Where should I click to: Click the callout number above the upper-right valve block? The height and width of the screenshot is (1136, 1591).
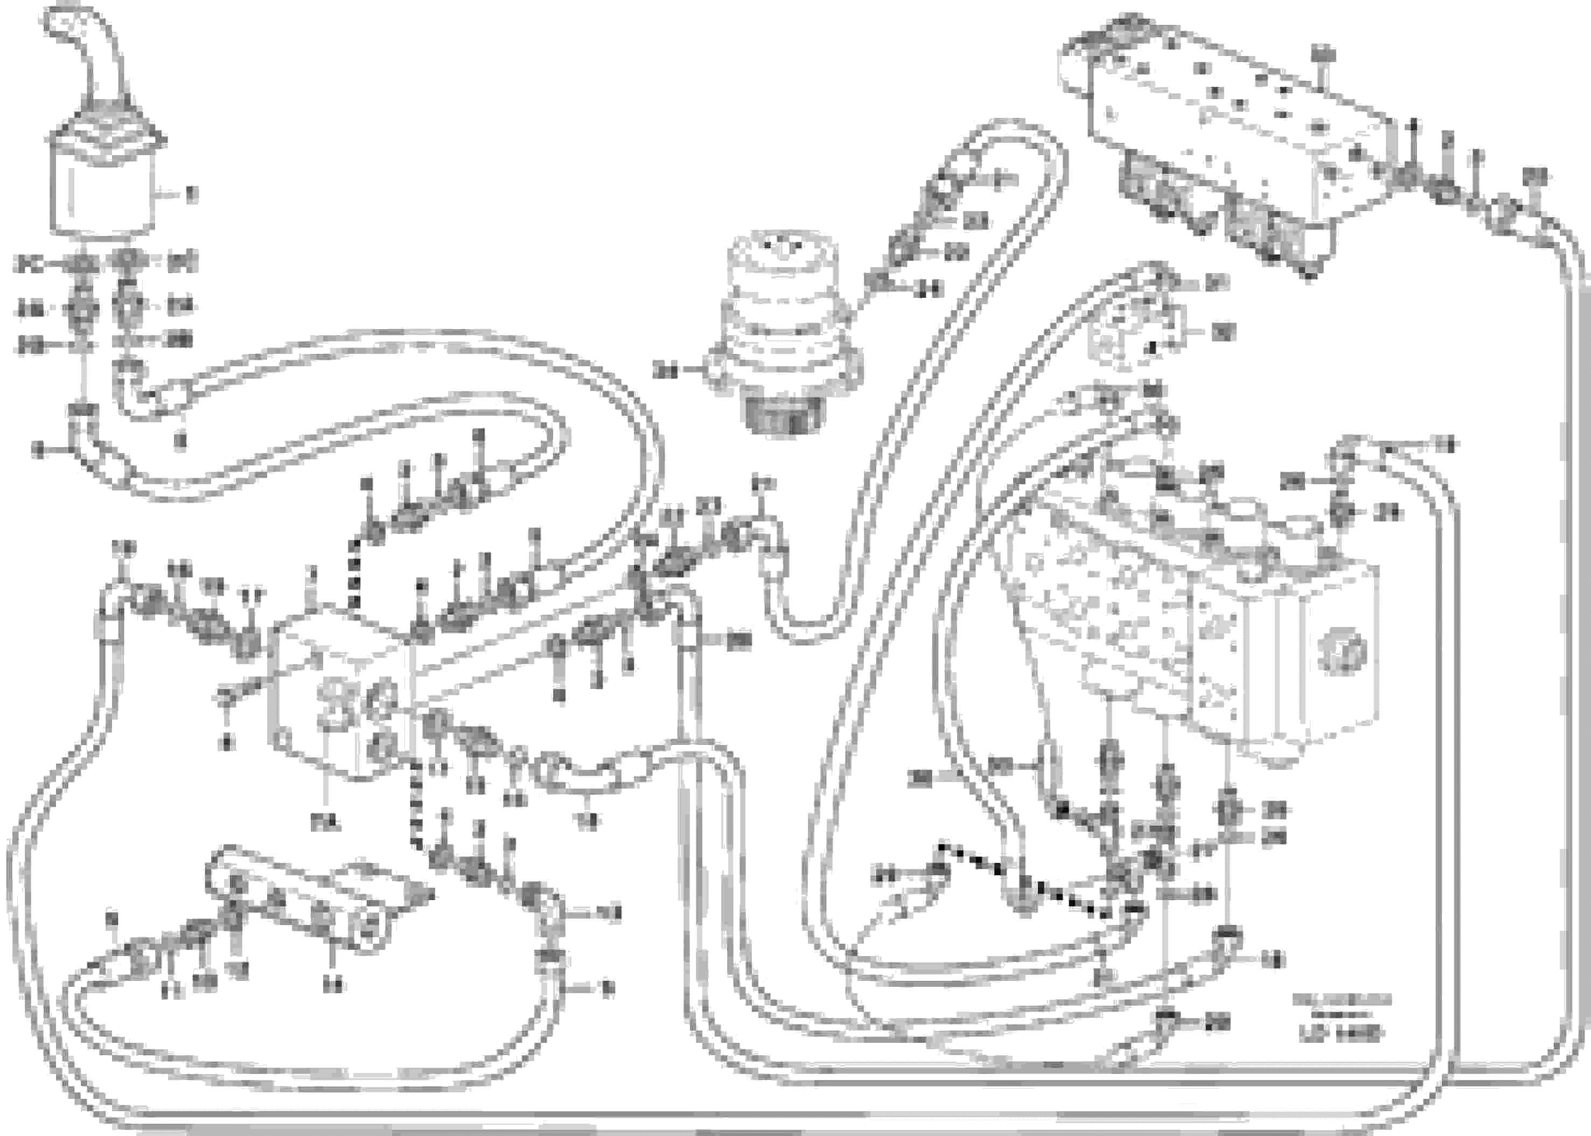click(x=1322, y=54)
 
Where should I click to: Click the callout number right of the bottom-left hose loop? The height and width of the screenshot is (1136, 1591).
click(x=608, y=988)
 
